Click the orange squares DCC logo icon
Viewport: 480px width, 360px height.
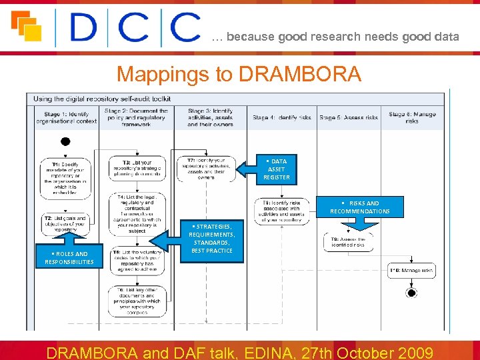tap(26, 26)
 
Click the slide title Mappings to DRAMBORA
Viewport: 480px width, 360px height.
tap(239, 74)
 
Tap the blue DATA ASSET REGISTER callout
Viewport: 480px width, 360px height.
tap(276, 169)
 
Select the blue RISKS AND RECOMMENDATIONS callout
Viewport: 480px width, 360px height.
tap(360, 207)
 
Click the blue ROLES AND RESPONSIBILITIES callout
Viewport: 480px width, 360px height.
tap(69, 257)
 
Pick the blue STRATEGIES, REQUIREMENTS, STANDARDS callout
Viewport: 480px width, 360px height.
tap(211, 239)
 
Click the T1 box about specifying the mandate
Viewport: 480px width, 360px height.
tap(65, 178)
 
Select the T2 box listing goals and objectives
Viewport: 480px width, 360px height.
tap(65, 223)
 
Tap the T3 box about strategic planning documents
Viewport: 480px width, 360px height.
tap(136, 169)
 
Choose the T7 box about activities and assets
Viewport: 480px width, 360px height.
tap(207, 169)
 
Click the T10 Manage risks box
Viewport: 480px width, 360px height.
tap(412, 270)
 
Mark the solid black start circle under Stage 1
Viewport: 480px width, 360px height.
tap(65, 141)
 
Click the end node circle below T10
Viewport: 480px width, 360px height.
tap(411, 293)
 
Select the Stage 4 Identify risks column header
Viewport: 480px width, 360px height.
tap(281, 117)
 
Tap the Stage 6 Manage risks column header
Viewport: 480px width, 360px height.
tap(412, 117)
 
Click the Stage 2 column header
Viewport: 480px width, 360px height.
tap(136, 117)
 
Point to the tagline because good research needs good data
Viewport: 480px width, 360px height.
tap(335, 37)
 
